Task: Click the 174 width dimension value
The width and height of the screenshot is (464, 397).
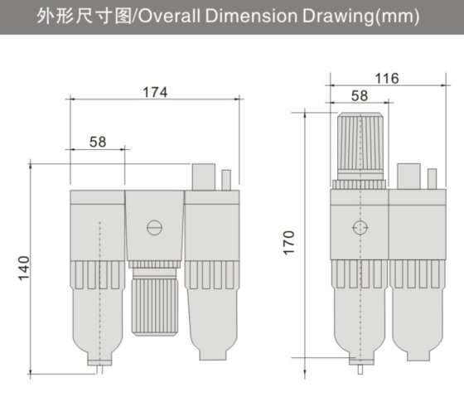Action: (x=153, y=92)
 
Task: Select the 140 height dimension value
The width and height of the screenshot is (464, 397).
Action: (x=24, y=267)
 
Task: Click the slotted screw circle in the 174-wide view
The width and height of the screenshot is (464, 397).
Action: (x=154, y=226)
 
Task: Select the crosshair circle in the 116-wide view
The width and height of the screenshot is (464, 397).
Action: (x=359, y=227)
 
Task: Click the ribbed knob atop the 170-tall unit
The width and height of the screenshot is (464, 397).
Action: (x=360, y=145)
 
